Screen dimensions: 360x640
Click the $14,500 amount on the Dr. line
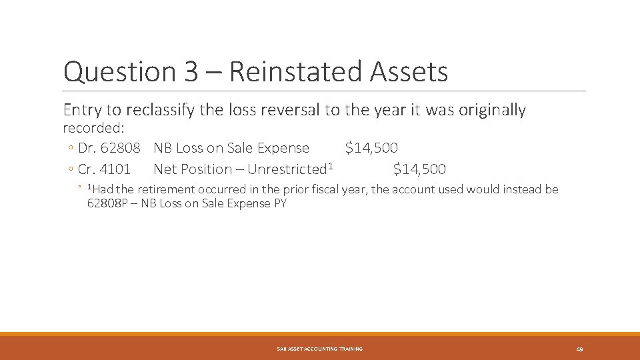(x=371, y=148)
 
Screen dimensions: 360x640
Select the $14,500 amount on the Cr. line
(x=419, y=169)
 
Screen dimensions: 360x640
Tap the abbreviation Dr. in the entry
(x=87, y=148)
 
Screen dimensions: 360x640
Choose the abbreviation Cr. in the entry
(x=87, y=169)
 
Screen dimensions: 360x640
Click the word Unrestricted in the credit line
(x=287, y=169)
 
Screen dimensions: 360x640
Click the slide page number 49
(x=579, y=349)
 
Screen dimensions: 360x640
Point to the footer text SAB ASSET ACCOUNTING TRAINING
(x=320, y=349)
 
